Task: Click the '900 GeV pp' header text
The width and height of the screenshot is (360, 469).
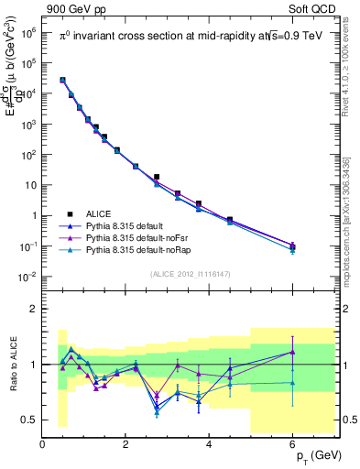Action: point(84,9)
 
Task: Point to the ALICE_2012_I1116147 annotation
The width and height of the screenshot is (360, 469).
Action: point(191,273)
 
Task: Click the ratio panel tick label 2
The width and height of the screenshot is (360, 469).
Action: point(33,309)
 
